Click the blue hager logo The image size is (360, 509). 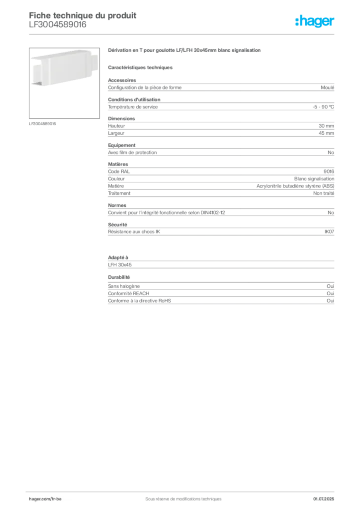[316, 22]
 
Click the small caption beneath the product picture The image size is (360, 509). [44, 123]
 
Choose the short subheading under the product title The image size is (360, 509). [141, 67]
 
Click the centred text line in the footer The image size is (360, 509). [180, 496]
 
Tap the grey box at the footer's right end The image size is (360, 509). [327, 496]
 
